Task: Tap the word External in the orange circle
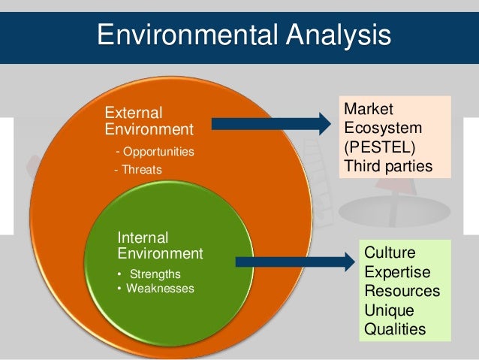pyautogui.click(x=133, y=113)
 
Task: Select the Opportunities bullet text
pyautogui.click(x=157, y=152)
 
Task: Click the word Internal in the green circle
pyautogui.click(x=143, y=237)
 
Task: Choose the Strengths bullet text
pyautogui.click(x=155, y=274)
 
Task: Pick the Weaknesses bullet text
pyautogui.click(x=160, y=289)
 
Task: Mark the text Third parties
pyautogui.click(x=388, y=165)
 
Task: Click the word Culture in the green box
pyautogui.click(x=389, y=252)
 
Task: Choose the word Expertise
pyautogui.click(x=397, y=271)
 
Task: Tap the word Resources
pyautogui.click(x=402, y=291)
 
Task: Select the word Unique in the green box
pyautogui.click(x=389, y=310)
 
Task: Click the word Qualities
pyautogui.click(x=394, y=329)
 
